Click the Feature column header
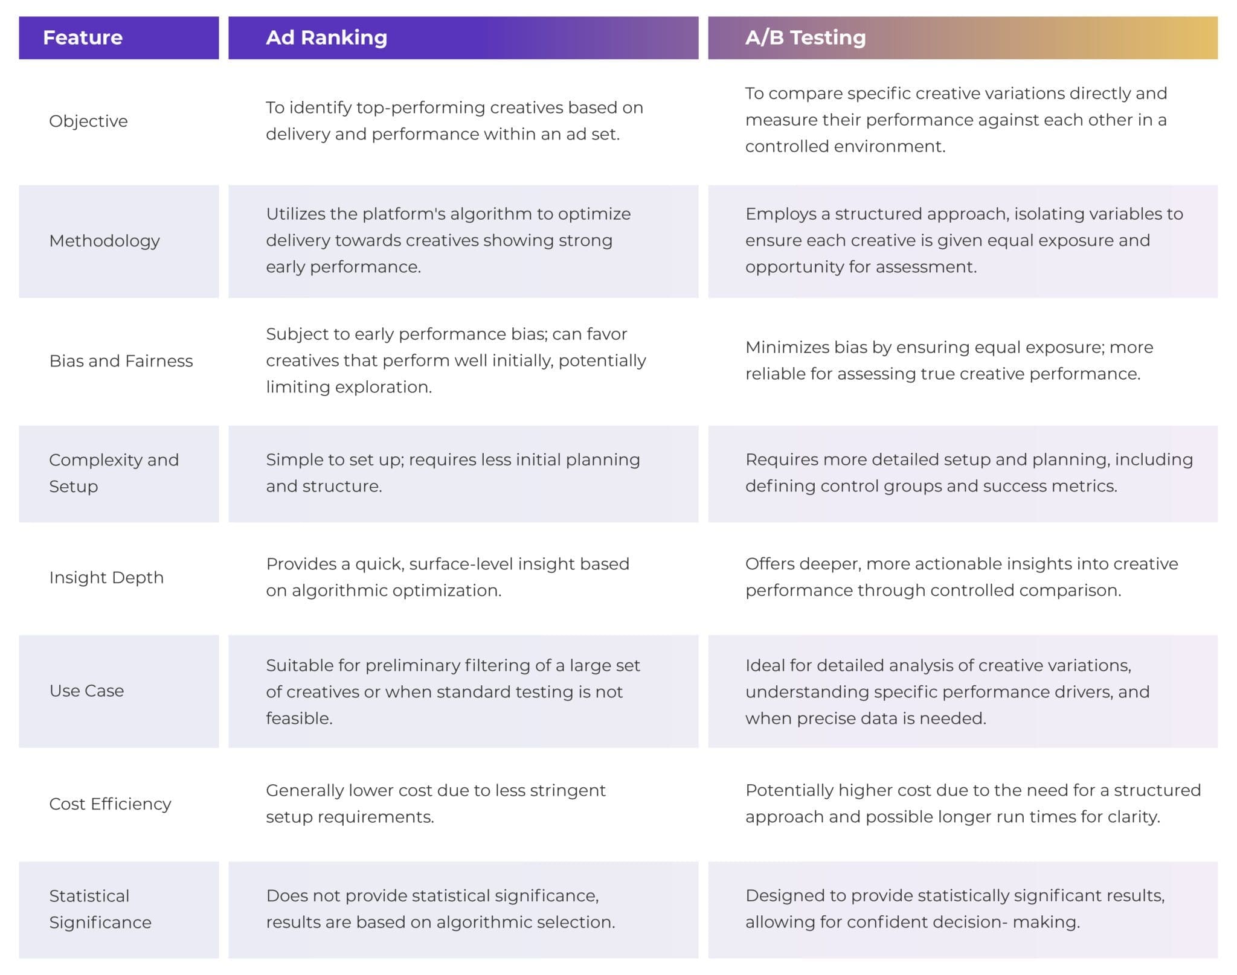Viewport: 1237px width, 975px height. pyautogui.click(x=83, y=37)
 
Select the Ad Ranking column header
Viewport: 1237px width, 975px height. pyautogui.click(x=326, y=37)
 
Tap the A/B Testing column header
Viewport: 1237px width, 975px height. pyautogui.click(x=805, y=37)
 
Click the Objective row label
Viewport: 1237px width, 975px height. pyautogui.click(x=88, y=121)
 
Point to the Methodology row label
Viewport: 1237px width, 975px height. pyautogui.click(x=104, y=241)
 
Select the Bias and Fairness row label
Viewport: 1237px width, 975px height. pyautogui.click(x=121, y=360)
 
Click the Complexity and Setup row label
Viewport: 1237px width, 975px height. pyautogui.click(x=114, y=473)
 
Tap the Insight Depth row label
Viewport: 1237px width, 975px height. pyautogui.click(x=106, y=577)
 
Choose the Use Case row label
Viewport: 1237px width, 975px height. pyautogui.click(x=86, y=691)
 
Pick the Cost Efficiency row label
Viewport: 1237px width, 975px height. pyautogui.click(x=110, y=804)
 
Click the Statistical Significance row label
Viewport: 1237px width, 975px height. pyautogui.click(x=100, y=909)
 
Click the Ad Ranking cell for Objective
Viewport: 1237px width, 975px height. pyautogui.click(x=454, y=121)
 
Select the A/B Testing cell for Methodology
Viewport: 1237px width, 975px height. pyautogui.click(x=963, y=240)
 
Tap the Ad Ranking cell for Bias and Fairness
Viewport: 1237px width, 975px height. pyautogui.click(x=455, y=360)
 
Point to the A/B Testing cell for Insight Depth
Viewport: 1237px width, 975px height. pyautogui.click(x=961, y=577)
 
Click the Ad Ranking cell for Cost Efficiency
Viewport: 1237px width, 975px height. pyautogui.click(x=435, y=803)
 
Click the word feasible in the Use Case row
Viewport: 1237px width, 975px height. pyautogui.click(x=298, y=718)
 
